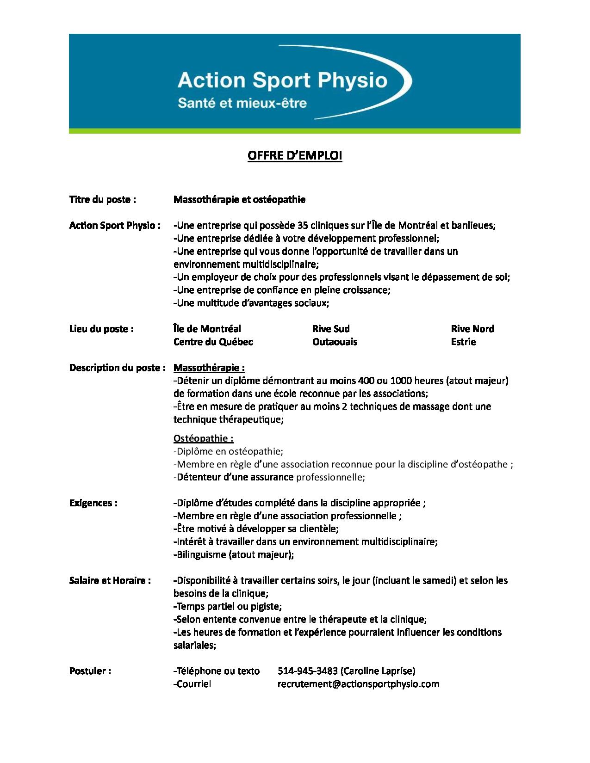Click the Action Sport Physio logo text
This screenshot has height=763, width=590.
[282, 80]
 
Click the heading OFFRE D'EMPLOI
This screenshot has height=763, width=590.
[295, 156]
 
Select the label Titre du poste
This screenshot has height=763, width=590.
[102, 200]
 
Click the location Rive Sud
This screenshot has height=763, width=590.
[331, 329]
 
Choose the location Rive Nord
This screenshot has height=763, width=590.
[472, 329]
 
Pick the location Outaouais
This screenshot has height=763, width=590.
[335, 342]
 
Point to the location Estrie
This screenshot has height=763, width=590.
[463, 342]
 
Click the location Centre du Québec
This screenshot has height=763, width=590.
[213, 342]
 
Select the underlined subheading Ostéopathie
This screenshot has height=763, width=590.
[203, 438]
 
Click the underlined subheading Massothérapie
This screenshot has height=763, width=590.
[209, 368]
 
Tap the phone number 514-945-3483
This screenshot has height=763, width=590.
[307, 671]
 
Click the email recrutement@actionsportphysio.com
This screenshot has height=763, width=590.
[358, 684]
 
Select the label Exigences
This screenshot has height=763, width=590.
[93, 503]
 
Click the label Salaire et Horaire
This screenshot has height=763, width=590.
[110, 580]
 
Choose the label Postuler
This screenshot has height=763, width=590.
[90, 671]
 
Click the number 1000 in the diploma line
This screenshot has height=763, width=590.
[402, 381]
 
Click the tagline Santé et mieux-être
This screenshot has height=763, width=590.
[242, 103]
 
